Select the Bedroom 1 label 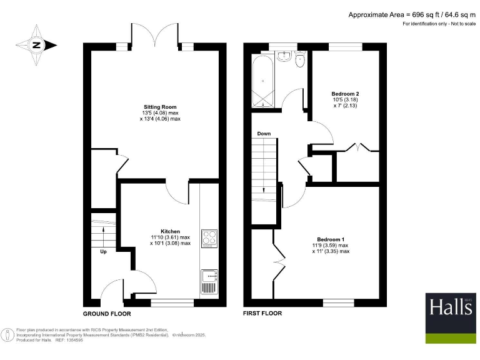click(x=331, y=239)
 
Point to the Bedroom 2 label click(x=345, y=94)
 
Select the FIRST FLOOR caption click(x=262, y=313)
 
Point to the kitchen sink click(x=208, y=281)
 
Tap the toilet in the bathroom click(x=300, y=59)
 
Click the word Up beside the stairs click(x=103, y=252)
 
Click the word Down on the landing click(x=264, y=134)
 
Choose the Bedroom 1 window click(x=336, y=303)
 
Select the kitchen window click(x=172, y=303)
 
